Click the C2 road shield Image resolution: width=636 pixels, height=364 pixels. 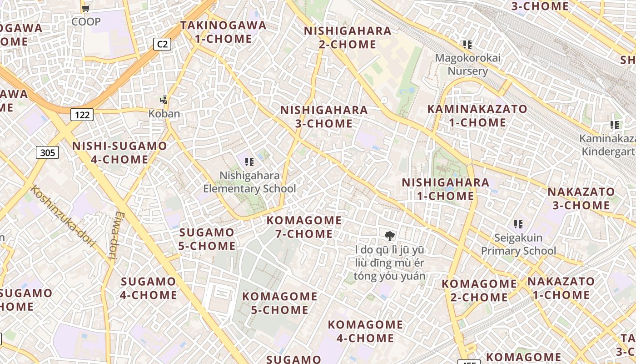point(162,44)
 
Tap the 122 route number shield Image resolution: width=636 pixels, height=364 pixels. point(82,115)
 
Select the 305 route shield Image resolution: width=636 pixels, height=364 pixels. point(47,152)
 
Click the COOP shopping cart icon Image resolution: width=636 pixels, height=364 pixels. point(86,8)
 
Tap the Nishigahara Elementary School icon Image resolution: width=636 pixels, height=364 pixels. point(249,162)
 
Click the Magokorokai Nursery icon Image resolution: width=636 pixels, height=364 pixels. point(467,45)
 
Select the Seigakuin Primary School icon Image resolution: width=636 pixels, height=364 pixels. point(518,224)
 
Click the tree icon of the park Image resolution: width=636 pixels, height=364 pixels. point(389,236)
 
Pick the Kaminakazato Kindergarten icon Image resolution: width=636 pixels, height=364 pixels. point(615,125)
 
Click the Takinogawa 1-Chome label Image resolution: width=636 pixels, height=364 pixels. point(224,32)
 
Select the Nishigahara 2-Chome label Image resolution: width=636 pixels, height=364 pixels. point(348,38)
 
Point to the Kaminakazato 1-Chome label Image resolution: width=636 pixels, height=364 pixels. point(477,116)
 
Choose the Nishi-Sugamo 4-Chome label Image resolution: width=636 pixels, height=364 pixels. point(119,153)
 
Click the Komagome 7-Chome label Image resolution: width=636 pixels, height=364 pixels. point(304,227)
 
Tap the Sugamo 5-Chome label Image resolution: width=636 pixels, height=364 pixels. point(207,239)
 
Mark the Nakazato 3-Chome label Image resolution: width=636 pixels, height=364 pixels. point(581,198)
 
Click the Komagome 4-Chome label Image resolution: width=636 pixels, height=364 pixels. point(365,331)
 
